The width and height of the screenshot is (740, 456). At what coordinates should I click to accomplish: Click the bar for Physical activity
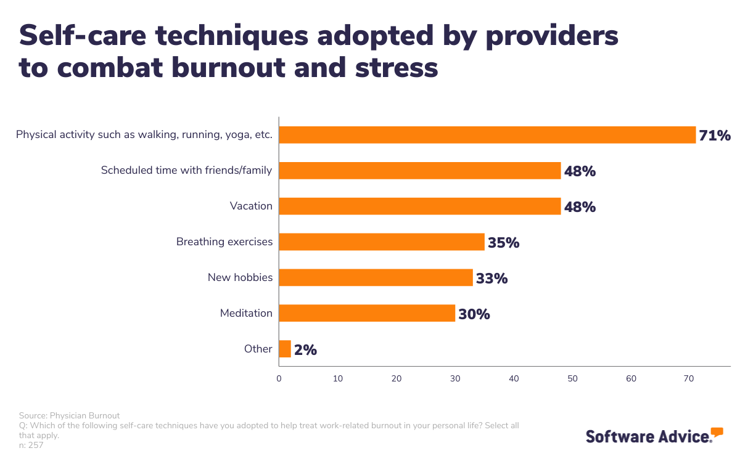487,135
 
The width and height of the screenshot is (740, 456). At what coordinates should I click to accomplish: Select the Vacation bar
419,206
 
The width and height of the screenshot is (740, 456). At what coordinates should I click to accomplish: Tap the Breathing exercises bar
381,242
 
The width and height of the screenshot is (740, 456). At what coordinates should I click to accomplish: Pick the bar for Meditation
367,314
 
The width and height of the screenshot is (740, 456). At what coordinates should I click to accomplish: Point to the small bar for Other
285,349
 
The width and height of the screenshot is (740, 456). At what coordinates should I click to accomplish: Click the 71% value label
715,136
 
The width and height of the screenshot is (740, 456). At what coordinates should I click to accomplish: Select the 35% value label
503,243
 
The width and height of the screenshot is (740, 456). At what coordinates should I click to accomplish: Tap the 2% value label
305,350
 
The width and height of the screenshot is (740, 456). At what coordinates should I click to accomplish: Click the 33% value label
491,279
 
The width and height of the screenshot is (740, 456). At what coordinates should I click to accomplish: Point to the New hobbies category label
240,277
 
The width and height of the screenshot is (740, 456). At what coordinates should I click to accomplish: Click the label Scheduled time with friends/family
186,170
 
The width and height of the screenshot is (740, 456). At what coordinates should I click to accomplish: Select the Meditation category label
246,313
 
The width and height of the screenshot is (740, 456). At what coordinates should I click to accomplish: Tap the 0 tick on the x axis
279,378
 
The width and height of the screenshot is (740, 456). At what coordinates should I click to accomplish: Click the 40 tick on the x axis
514,378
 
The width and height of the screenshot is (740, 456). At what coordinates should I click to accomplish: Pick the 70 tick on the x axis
689,378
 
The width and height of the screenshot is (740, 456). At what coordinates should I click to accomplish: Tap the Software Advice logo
654,435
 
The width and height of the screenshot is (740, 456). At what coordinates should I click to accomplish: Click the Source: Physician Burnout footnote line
69,415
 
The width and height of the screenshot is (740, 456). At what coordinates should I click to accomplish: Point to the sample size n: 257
31,445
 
